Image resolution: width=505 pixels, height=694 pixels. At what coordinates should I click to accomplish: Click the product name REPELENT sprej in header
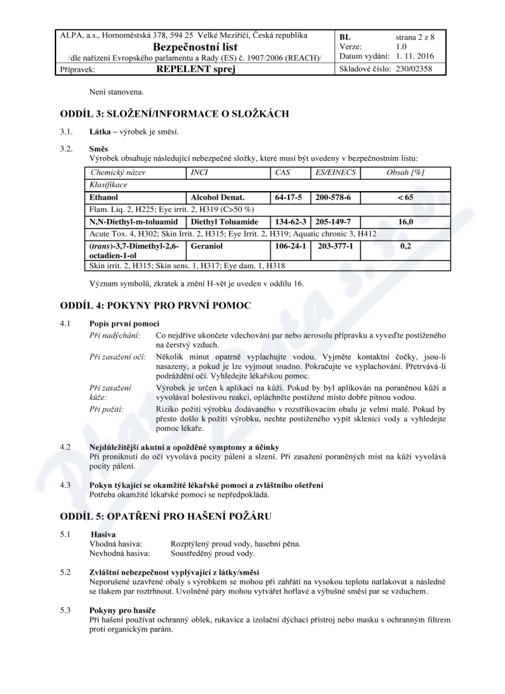coord(195,69)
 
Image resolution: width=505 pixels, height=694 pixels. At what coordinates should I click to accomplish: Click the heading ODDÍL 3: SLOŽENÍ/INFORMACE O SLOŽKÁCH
coord(174,114)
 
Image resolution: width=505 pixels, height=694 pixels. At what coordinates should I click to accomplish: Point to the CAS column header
coord(282,172)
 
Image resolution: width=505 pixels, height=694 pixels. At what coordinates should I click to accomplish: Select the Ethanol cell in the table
coord(104,197)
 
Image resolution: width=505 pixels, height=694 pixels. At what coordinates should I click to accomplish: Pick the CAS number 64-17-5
coord(290,197)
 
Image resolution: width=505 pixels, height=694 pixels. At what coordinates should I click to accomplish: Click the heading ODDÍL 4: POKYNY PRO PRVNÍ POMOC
coord(155,305)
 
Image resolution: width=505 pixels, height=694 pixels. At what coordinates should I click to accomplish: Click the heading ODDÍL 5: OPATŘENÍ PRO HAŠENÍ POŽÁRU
coord(165,516)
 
